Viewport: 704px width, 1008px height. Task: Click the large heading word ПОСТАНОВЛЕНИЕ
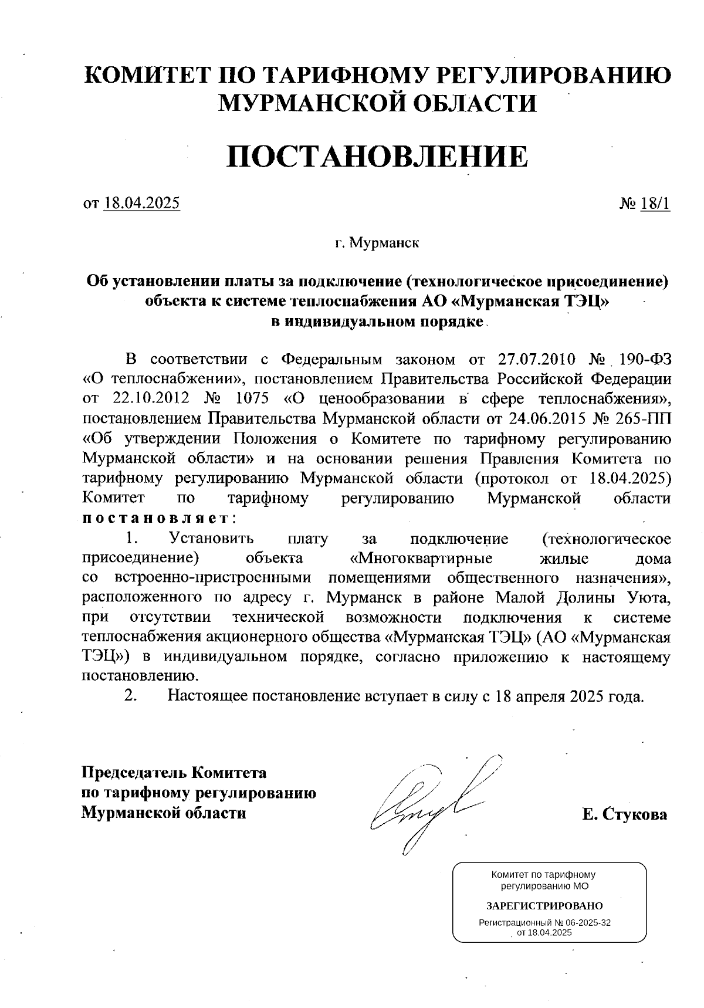tap(377, 157)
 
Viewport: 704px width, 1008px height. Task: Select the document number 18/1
tap(655, 204)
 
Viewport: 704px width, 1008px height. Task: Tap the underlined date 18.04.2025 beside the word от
tap(141, 204)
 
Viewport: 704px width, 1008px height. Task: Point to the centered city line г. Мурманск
tap(377, 242)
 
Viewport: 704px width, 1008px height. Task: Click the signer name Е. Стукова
tap(624, 814)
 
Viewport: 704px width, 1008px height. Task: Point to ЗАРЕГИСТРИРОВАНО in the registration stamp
tap(544, 906)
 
